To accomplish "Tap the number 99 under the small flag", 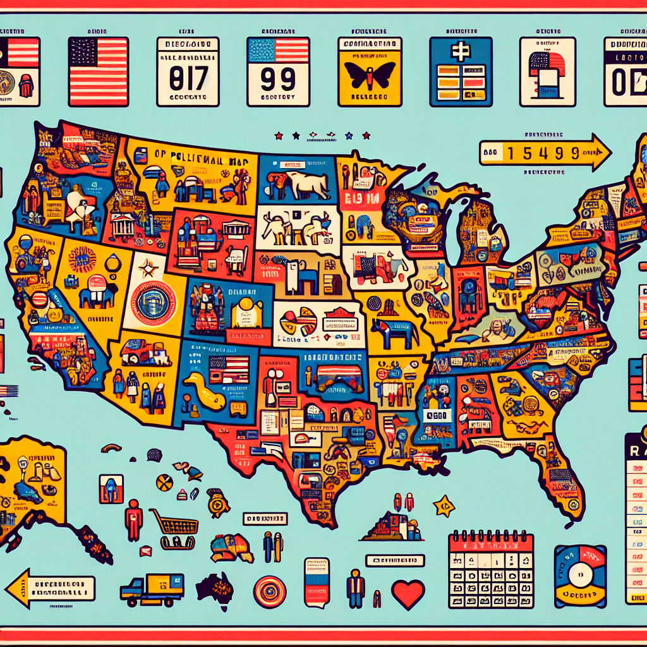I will coord(277,81).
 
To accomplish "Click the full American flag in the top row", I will coord(98,71).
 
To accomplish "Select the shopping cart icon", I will coord(174,523).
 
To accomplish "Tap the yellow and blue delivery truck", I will coord(152,588).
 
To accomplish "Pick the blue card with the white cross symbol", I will coord(460,71).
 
